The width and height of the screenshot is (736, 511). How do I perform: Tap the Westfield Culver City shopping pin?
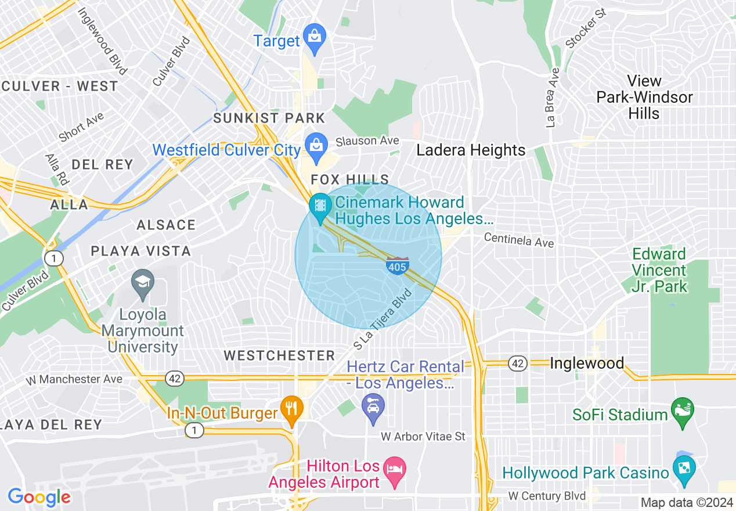tap(316, 147)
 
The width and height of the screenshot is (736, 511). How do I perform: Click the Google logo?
tap(39, 497)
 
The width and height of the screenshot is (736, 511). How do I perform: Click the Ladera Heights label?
tap(471, 150)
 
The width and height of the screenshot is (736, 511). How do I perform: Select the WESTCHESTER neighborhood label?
tap(279, 355)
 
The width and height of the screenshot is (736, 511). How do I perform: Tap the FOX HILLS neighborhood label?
tap(349, 179)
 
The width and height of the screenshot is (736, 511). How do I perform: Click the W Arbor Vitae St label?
tap(423, 436)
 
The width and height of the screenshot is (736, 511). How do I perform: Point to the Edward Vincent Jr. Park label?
tap(659, 270)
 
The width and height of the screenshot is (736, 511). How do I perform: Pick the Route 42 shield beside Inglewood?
tap(517, 364)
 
